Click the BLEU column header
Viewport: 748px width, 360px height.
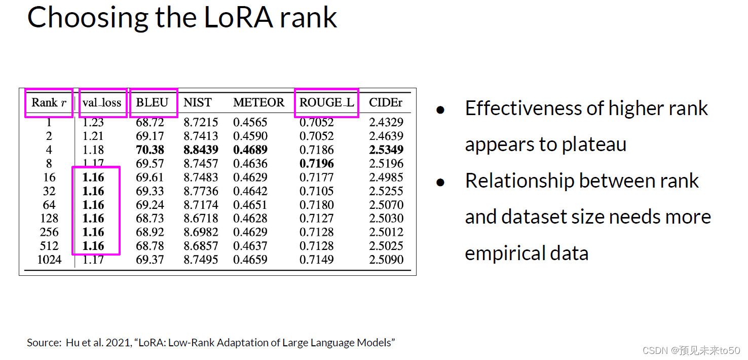(152, 102)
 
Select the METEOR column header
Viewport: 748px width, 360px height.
(258, 102)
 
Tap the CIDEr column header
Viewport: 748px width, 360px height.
(386, 102)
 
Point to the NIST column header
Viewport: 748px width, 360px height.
(197, 102)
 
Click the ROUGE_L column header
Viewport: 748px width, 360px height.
(326, 102)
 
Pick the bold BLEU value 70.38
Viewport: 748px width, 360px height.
(150, 150)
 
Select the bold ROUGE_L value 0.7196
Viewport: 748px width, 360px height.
(317, 164)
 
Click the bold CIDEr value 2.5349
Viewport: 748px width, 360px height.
(386, 150)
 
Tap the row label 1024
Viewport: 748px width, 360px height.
(49, 260)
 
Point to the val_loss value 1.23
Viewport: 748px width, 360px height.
(93, 122)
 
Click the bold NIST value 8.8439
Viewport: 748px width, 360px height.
(201, 150)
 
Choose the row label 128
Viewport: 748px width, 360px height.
(49, 219)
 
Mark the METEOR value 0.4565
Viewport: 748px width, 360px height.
(250, 122)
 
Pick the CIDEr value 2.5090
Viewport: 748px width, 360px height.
(386, 260)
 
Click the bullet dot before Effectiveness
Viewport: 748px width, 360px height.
(441, 110)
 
